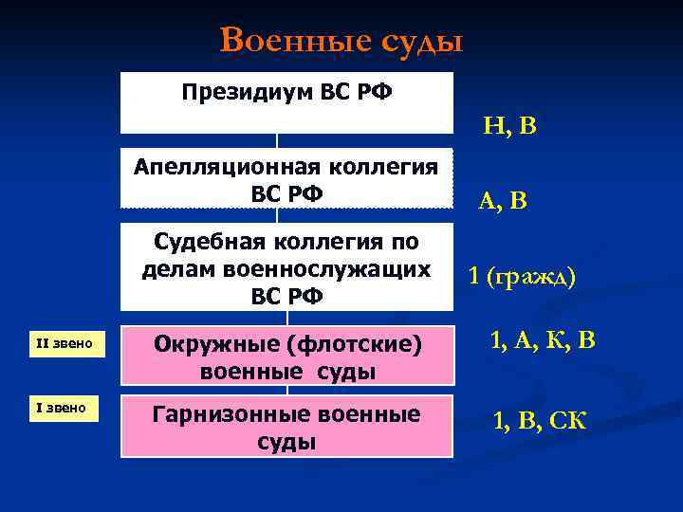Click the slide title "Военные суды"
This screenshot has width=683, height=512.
click(341, 41)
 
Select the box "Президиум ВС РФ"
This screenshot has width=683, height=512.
click(287, 101)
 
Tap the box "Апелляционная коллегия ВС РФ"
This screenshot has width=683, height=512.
click(287, 179)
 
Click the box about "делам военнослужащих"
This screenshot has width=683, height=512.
click(287, 268)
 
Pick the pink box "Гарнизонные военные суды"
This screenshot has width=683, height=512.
click(287, 428)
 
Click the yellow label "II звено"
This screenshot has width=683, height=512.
click(64, 343)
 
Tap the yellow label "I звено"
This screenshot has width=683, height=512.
click(64, 409)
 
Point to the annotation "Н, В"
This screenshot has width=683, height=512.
click(509, 125)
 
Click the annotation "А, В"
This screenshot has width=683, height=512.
click(504, 200)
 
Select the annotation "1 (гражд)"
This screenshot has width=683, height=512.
click(522, 276)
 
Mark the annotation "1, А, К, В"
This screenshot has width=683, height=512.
click(543, 340)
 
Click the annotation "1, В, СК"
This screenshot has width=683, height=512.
click(539, 419)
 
